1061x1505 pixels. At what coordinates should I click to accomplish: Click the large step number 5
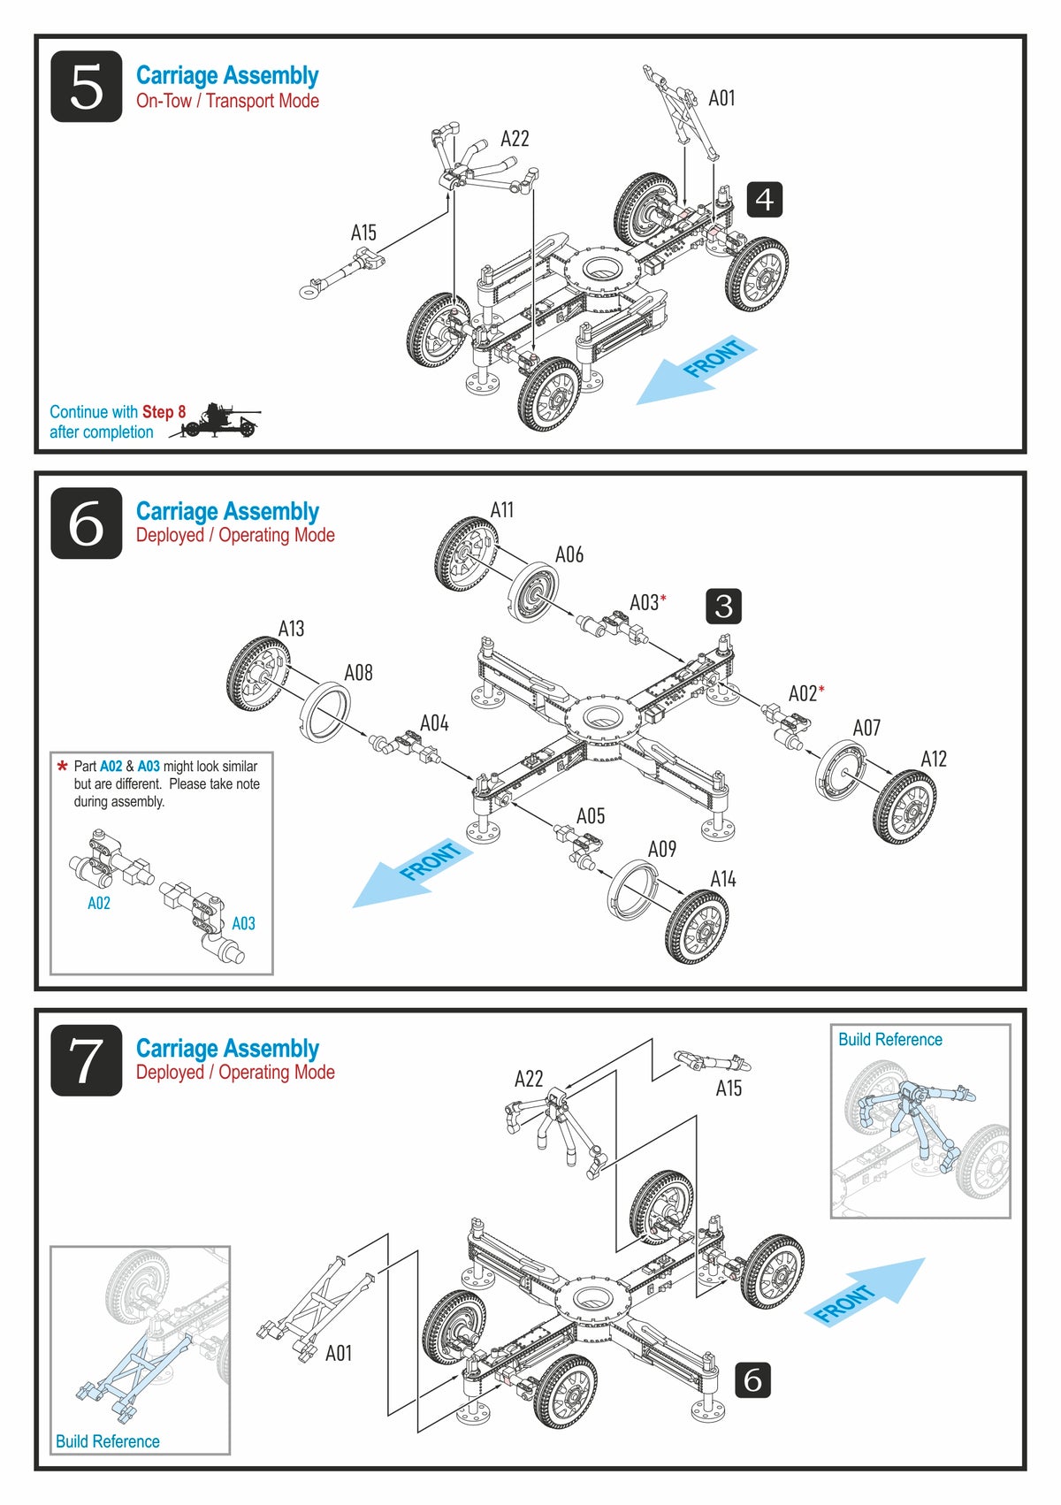pyautogui.click(x=86, y=87)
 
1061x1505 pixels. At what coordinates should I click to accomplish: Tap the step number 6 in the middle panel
pyautogui.click(x=86, y=523)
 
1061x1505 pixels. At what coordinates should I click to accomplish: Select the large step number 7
pyautogui.click(x=86, y=1060)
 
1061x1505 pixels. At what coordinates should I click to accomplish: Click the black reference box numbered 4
pyautogui.click(x=764, y=200)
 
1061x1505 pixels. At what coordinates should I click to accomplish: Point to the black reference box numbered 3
pyautogui.click(x=723, y=606)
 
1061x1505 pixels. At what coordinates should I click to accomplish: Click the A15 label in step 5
pyautogui.click(x=363, y=233)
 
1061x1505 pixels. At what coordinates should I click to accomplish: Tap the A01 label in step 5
pyautogui.click(x=721, y=98)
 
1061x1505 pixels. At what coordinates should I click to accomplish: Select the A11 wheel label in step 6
pyautogui.click(x=501, y=510)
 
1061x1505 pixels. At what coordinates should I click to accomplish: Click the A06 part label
pyautogui.click(x=569, y=554)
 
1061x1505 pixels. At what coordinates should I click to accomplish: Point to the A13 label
pyautogui.click(x=291, y=629)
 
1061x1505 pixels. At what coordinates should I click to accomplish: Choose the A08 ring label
pyautogui.click(x=358, y=673)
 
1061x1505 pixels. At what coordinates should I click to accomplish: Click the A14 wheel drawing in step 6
pyautogui.click(x=698, y=926)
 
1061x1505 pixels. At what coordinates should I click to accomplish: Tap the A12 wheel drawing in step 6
pyautogui.click(x=904, y=806)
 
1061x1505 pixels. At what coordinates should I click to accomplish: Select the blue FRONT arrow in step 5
pyautogui.click(x=697, y=370)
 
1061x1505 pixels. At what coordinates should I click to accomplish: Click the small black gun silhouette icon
pyautogui.click(x=217, y=421)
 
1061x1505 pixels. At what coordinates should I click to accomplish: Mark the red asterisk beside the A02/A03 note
pyautogui.click(x=62, y=767)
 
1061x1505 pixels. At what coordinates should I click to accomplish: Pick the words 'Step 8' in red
pyautogui.click(x=164, y=412)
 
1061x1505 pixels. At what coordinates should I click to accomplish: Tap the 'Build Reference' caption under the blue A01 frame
pyautogui.click(x=107, y=1441)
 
